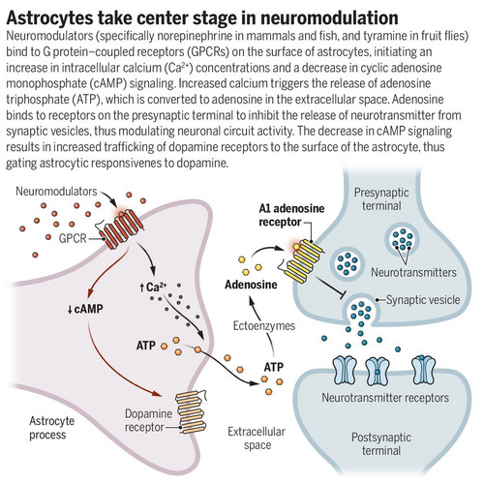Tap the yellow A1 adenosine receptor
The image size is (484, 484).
tap(303, 260)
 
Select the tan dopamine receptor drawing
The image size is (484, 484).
tap(191, 410)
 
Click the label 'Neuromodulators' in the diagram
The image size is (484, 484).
tap(56, 192)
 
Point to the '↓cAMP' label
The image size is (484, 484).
tap(85, 309)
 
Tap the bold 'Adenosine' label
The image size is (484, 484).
tap(251, 285)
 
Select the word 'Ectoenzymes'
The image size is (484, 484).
tap(264, 325)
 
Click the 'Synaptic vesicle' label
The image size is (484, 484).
tap(423, 300)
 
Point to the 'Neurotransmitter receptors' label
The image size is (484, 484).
tap(385, 397)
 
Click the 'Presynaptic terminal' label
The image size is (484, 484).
tap(381, 199)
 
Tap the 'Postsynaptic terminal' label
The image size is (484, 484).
tap(381, 444)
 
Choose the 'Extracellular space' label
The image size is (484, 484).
tap(257, 439)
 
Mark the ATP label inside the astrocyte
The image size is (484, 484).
tap(146, 346)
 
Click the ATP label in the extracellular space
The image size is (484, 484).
tap(274, 367)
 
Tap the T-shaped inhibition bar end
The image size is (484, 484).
tap(342, 294)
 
